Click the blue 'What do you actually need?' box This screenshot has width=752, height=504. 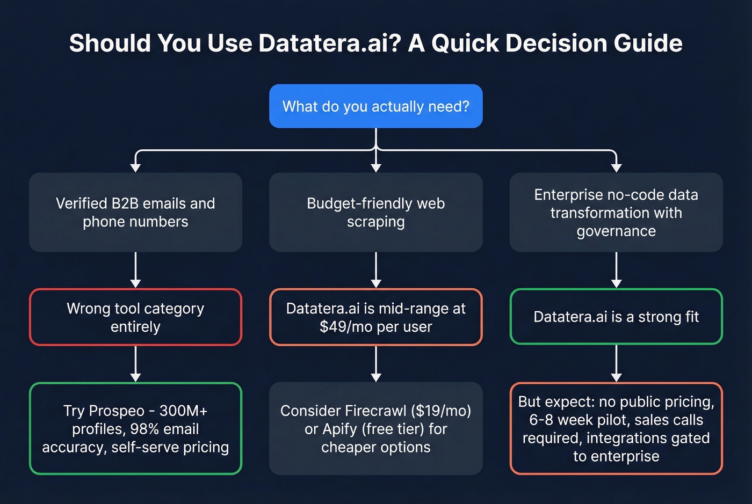click(375, 106)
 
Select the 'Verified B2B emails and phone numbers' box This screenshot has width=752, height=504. click(135, 213)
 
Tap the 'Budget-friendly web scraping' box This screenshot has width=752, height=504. click(375, 213)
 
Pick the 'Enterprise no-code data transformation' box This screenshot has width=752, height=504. click(616, 213)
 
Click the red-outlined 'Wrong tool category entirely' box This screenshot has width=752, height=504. click(135, 317)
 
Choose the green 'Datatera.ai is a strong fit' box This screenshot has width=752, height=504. click(616, 317)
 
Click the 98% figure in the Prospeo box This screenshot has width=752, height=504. click(144, 429)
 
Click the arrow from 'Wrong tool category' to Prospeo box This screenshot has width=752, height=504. click(135, 364)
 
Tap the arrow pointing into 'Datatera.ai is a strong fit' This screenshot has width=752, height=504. click(616, 271)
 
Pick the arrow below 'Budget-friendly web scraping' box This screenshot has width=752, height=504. click(375, 271)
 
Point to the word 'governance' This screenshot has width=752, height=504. click(616, 231)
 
